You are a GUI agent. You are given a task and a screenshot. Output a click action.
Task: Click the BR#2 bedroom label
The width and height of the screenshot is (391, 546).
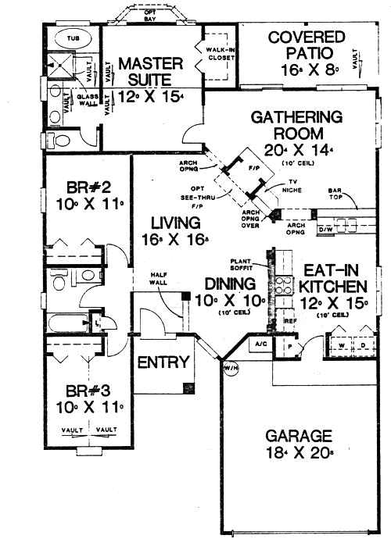[84, 196]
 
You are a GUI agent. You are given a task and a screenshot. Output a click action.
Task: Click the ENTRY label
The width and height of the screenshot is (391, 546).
[163, 362]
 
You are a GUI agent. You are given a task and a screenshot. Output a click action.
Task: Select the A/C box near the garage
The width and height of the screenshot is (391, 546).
[259, 344]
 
